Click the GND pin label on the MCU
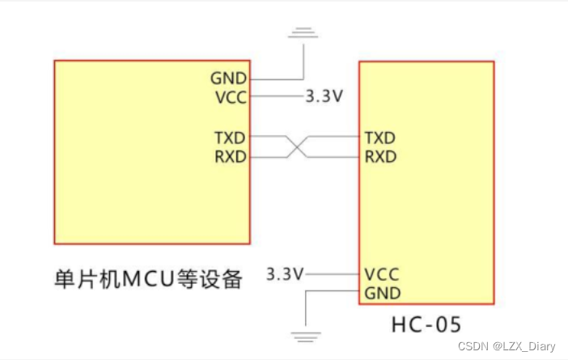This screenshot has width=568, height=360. [x=228, y=78]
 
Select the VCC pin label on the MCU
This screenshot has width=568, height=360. [x=229, y=97]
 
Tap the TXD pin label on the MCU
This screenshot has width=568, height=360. [x=230, y=138]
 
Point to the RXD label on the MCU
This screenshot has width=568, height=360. [x=230, y=156]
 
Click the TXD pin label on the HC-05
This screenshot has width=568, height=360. [x=380, y=138]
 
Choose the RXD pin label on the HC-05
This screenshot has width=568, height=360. [x=380, y=156]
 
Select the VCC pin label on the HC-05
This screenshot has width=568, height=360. [x=381, y=274]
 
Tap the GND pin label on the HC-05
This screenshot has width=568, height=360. [x=382, y=292]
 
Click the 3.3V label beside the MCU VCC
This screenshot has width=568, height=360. [x=324, y=97]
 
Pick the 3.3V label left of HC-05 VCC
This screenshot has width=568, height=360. [x=285, y=275]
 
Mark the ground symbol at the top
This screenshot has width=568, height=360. [x=303, y=32]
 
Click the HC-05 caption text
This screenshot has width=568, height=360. [x=426, y=325]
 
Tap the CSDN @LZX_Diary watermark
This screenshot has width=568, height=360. [x=507, y=346]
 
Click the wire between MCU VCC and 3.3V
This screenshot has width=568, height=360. [x=275, y=97]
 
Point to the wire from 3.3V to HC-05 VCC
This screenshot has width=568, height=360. [x=332, y=275]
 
